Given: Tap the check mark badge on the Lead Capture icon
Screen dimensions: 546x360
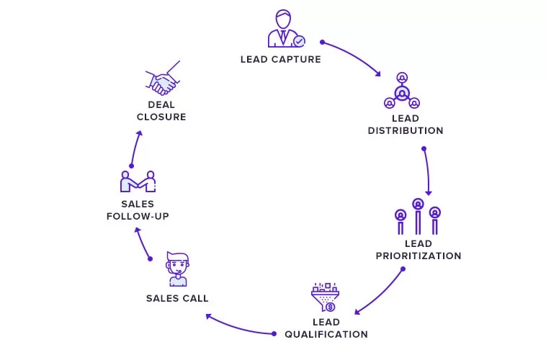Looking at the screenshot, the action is click(x=299, y=42).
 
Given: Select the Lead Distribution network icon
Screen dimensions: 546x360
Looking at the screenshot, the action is click(x=402, y=91).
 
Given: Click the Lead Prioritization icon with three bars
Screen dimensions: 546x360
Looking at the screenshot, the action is click(x=418, y=217).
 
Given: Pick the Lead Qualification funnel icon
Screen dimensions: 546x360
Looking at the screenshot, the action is click(x=326, y=297).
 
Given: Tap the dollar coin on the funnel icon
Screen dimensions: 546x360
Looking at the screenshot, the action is click(x=330, y=307).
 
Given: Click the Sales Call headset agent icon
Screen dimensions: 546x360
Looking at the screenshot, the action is click(x=178, y=269).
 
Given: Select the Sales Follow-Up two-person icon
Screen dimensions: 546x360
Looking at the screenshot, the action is click(x=138, y=181).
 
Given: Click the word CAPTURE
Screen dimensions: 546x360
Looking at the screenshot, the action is click(x=296, y=60).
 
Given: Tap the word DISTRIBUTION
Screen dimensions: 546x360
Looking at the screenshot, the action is click(x=406, y=130).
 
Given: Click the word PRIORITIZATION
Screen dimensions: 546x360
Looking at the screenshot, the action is click(x=419, y=256).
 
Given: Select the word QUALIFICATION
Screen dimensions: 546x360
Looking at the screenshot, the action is click(x=326, y=334).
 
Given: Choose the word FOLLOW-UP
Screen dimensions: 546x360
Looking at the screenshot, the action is click(x=138, y=216).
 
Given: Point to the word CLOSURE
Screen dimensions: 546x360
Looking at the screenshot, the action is click(x=161, y=117).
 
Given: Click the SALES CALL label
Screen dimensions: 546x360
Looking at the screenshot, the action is click(x=177, y=298).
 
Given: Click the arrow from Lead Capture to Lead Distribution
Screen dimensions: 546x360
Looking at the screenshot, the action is click(x=354, y=54).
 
